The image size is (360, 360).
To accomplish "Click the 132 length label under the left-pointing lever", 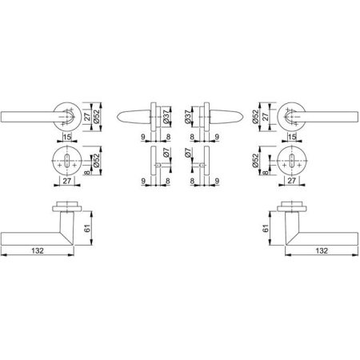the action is tap(38, 251).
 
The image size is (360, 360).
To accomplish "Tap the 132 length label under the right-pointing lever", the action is tap(322, 251).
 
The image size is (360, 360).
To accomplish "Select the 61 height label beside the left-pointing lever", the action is tap(87, 228).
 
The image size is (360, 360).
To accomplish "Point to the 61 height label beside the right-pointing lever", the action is tap(266, 228).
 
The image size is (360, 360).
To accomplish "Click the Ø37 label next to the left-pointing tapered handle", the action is tap(166, 117).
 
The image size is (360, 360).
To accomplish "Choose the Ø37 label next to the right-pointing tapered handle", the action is tap(189, 117).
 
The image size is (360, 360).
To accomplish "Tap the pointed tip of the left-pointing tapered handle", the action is tap(118, 117).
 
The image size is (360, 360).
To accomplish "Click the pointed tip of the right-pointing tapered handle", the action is tap(243, 117).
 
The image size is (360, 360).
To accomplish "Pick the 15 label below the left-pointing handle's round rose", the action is tap(67, 137).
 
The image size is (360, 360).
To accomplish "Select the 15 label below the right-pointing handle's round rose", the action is tap(292, 137).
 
